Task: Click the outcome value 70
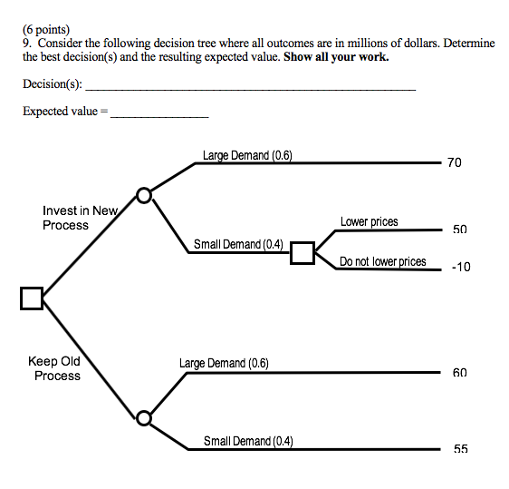(454, 162)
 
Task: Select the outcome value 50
(459, 230)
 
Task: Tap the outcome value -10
(460, 268)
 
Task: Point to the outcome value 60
(459, 373)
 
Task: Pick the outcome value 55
(460, 449)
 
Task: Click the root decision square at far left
(31, 298)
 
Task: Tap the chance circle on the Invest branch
(143, 194)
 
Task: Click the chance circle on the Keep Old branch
(143, 418)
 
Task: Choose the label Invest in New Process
(80, 218)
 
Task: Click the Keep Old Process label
(57, 368)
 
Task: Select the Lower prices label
(369, 222)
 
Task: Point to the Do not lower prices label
(382, 261)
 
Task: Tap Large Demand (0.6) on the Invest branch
(246, 156)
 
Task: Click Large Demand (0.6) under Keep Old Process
(224, 364)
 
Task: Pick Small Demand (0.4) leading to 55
(247, 441)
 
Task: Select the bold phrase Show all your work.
(336, 56)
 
